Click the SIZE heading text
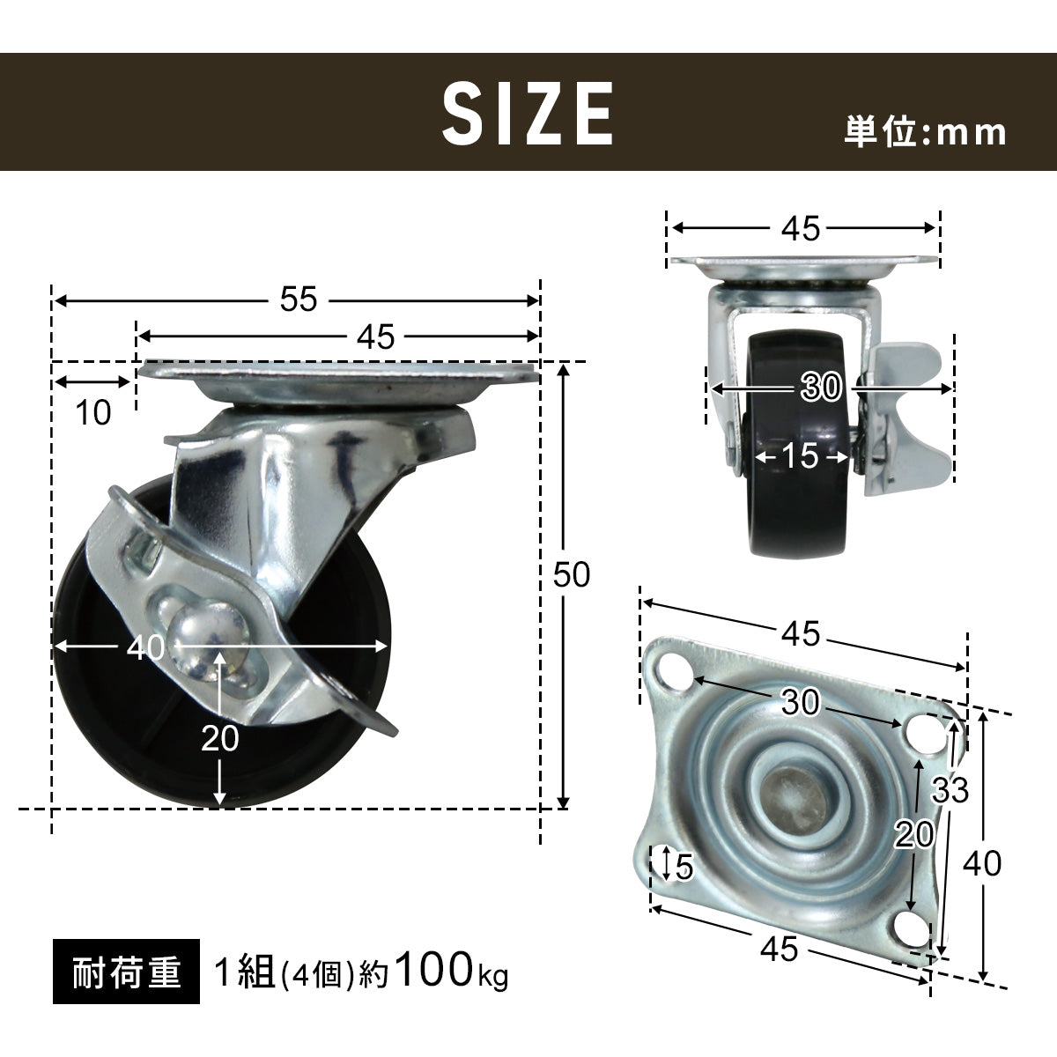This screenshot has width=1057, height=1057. point(527,114)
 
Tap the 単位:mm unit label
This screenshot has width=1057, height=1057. point(925,132)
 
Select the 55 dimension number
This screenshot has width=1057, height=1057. point(299,299)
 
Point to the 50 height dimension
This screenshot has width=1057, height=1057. point(572,574)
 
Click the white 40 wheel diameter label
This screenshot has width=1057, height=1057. point(145,647)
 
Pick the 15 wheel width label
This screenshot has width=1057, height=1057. point(801,455)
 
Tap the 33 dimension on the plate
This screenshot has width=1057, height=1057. point(950,790)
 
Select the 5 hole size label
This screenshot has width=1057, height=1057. point(684,867)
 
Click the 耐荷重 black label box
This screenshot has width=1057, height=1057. point(126,972)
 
